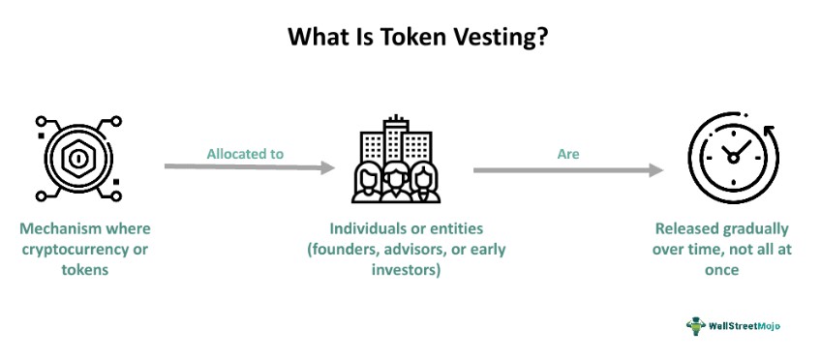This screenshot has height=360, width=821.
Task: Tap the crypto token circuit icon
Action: pyautogui.click(x=75, y=158)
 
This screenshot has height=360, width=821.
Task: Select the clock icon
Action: pyautogui.click(x=733, y=158)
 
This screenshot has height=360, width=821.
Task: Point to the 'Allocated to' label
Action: pyautogui.click(x=245, y=153)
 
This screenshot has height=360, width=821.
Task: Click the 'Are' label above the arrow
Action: pyautogui.click(x=567, y=153)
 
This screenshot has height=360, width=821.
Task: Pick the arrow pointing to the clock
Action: pyautogui.click(x=568, y=170)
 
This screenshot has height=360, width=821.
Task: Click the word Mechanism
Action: pyautogui.click(x=56, y=229)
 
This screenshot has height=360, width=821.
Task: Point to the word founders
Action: pyautogui.click(x=349, y=250)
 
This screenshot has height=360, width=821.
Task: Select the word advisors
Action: pyautogui.click(x=421, y=250)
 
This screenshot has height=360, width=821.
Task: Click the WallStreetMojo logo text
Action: pyautogui.click(x=744, y=326)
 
